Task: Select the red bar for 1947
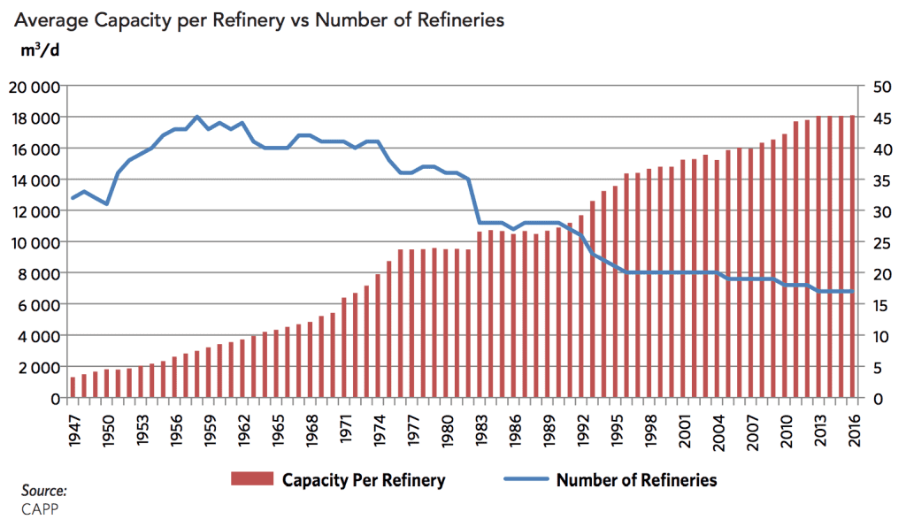pyautogui.click(x=73, y=387)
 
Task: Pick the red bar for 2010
pyautogui.click(x=785, y=265)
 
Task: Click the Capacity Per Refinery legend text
pyautogui.click(x=363, y=481)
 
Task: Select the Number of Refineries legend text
pyautogui.click(x=636, y=481)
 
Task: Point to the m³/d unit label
pyautogui.click(x=40, y=50)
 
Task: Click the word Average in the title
pyautogui.click(x=49, y=19)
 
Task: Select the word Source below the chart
pyautogui.click(x=44, y=490)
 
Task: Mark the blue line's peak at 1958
pyautogui.click(x=197, y=117)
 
